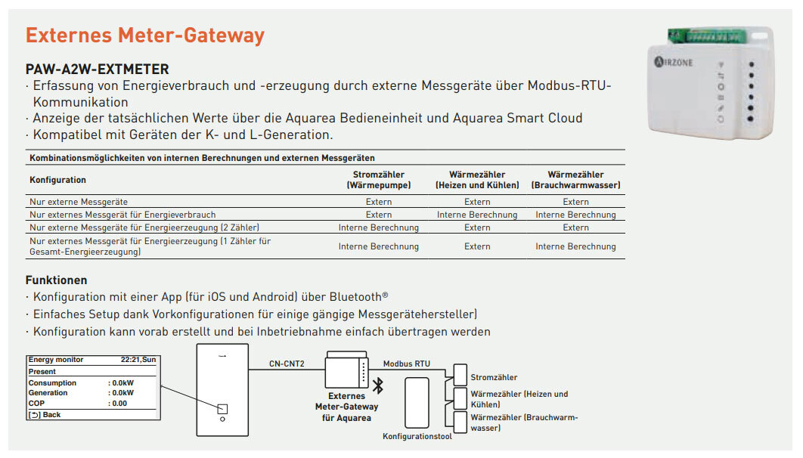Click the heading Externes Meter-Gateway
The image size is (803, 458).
144,36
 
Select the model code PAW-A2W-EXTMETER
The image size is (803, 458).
97,70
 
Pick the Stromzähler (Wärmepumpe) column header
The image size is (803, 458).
379,180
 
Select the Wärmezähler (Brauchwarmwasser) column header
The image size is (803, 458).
575,180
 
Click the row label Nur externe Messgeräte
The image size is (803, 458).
79,202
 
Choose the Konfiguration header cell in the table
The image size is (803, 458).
57,180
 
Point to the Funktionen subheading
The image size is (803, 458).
56,280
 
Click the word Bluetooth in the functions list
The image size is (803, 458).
356,297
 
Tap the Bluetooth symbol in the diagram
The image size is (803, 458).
380,385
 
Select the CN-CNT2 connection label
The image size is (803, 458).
287,364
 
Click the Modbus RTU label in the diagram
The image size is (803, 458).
406,364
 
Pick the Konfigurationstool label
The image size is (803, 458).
417,437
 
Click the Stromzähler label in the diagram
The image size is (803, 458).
494,377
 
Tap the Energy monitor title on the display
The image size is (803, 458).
56,360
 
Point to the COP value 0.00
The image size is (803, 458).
119,404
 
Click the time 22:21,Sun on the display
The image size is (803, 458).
138,360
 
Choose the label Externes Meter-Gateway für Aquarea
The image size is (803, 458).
346,407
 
